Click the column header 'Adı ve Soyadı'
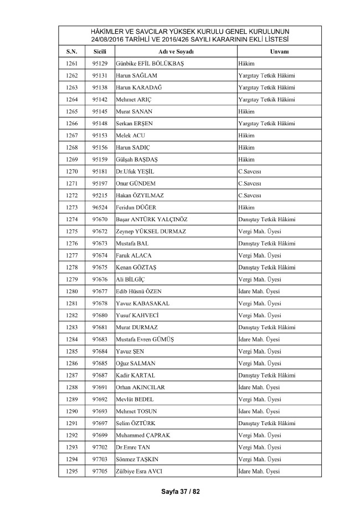click(174, 52)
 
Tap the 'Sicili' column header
click(100, 52)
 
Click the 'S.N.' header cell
click(71, 52)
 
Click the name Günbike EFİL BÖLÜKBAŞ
click(150, 64)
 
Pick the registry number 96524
click(100, 207)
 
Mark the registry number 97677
click(100, 291)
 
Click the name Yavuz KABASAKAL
click(143, 303)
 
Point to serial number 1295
click(71, 471)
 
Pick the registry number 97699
click(100, 435)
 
